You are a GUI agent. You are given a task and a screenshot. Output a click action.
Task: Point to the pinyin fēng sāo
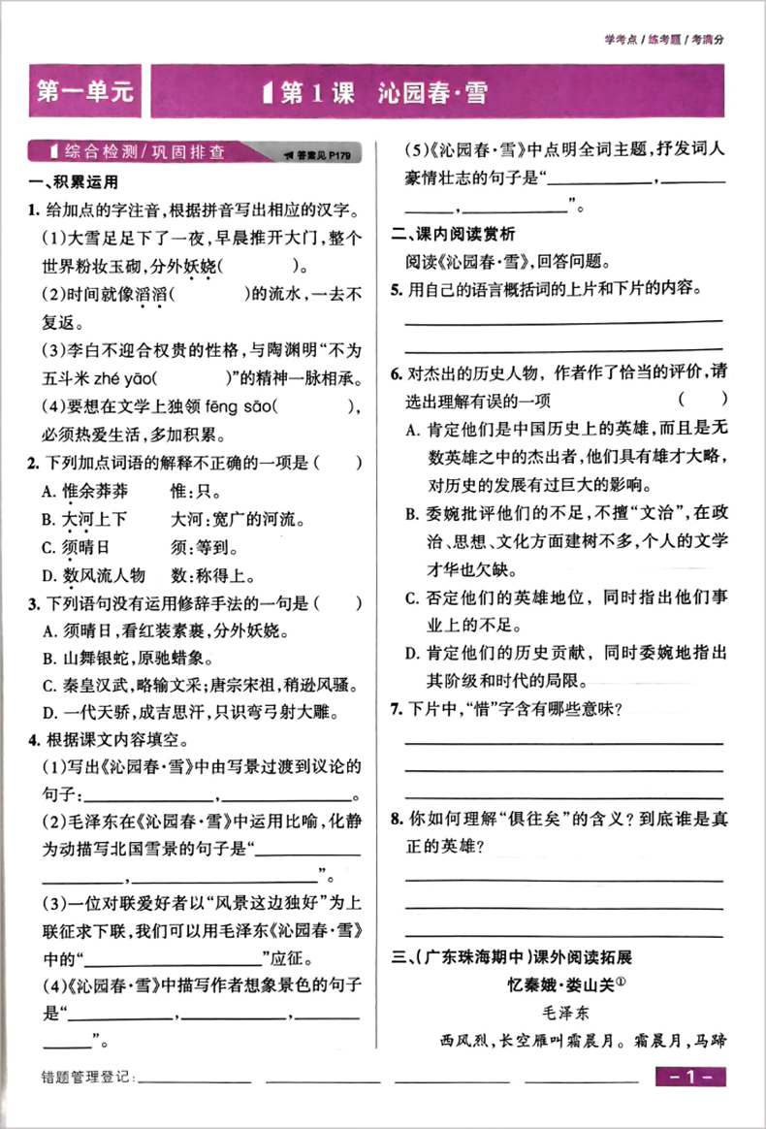(242, 407)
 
